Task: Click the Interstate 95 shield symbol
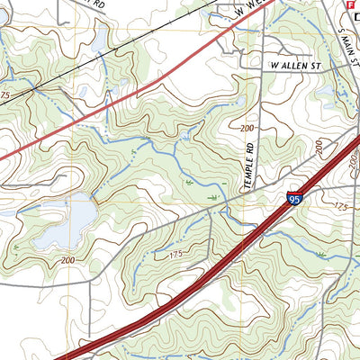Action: (x=295, y=199)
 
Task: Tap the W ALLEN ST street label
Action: (x=293, y=66)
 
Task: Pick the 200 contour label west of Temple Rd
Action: (x=246, y=129)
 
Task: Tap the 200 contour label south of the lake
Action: (x=68, y=260)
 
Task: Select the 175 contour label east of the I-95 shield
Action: (x=340, y=207)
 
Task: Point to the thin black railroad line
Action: (x=54, y=76)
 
